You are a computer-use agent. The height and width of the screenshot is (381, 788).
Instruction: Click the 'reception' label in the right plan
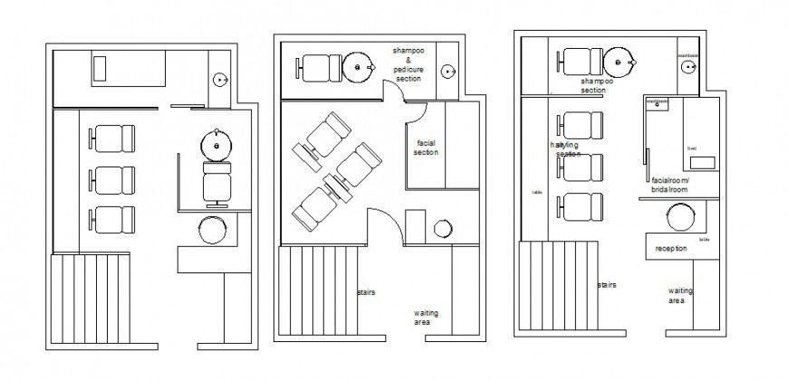click(x=671, y=248)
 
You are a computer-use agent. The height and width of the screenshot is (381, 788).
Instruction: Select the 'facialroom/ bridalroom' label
click(x=670, y=185)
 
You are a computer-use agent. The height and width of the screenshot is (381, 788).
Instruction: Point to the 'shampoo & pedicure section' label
click(x=408, y=63)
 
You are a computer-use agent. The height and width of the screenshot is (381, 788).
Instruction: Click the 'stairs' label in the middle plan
click(x=366, y=292)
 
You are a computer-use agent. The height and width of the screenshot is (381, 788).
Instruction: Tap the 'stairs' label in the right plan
click(x=607, y=284)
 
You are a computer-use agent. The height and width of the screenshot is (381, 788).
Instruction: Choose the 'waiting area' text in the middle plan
click(x=427, y=317)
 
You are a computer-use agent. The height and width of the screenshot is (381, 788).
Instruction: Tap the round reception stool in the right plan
click(x=681, y=218)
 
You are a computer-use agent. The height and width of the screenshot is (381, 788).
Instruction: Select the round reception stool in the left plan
click(x=213, y=230)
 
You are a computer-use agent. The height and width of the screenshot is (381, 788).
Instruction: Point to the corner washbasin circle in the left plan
click(x=220, y=80)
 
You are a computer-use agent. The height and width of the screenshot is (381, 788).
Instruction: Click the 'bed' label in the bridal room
click(x=691, y=148)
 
